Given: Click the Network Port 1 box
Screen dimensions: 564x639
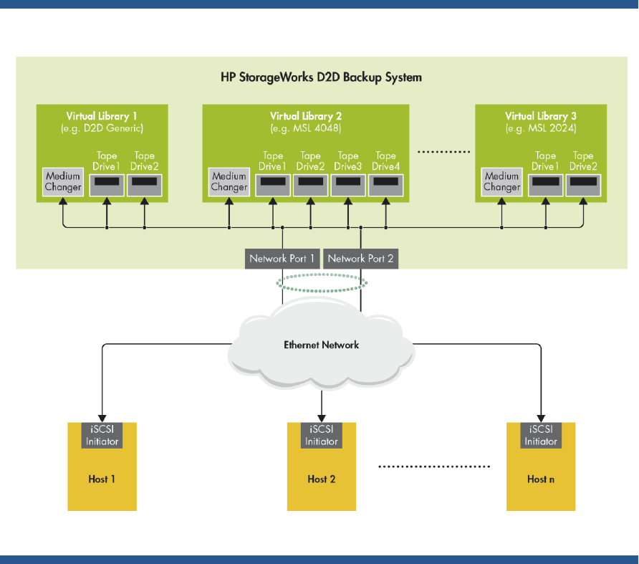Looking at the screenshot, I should tap(282, 259).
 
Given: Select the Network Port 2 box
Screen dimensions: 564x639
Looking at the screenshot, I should tap(361, 259).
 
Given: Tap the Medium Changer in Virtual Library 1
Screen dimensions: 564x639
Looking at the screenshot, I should tap(63, 182).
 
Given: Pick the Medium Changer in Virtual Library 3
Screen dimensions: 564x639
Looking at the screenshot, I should tap(501, 182).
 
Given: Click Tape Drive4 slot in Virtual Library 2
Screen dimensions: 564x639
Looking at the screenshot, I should tap(386, 182).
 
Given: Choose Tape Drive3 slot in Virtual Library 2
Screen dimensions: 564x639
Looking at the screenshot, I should tap(348, 182).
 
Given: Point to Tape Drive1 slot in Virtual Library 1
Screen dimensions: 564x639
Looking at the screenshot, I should tap(107, 182).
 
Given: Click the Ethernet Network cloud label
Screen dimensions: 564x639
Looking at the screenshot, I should tap(321, 345).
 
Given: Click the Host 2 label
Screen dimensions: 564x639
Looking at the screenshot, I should tap(322, 479).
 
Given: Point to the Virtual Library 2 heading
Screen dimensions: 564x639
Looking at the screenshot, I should tap(306, 116).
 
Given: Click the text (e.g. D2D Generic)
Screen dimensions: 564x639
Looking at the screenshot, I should tap(102, 128).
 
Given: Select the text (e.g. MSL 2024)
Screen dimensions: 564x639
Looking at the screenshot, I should tap(541, 128).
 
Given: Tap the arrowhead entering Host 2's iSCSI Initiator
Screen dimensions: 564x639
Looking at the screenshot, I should tap(322, 418).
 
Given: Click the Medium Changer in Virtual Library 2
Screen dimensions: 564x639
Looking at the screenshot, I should tap(229, 182).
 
